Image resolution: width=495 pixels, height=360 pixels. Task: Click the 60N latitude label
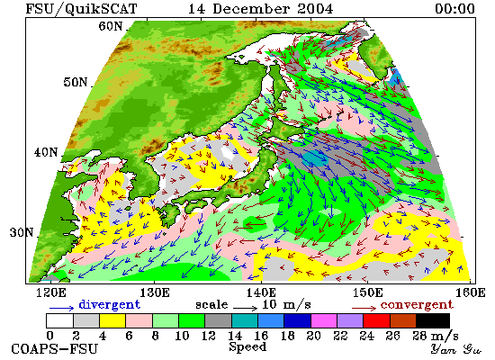pos(111,26)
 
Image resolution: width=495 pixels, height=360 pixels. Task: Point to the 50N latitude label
pos(75,82)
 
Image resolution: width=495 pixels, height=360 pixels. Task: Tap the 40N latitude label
pos(46,152)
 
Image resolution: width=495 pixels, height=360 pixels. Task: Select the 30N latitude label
pos(22,233)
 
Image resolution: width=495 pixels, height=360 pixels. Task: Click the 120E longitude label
pos(51,292)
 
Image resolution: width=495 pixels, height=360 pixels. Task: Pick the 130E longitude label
pos(155,292)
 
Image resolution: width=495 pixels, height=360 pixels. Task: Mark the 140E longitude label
pos(261,292)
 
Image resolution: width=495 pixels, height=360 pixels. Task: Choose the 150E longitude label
pos(367,292)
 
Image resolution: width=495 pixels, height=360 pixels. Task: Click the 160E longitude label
pos(471,292)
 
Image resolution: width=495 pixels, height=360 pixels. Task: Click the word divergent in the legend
pos(109,305)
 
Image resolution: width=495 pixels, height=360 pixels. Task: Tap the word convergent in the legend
pos(417,305)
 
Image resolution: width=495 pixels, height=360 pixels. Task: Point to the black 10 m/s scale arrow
pos(246,307)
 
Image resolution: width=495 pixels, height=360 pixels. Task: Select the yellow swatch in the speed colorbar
pos(112,320)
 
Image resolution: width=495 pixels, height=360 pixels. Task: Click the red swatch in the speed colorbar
pos(376,320)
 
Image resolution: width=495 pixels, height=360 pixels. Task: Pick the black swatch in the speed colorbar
pos(433,320)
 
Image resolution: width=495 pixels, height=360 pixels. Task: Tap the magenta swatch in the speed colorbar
pos(324,320)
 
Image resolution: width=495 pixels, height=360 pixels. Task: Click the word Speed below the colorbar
pos(247,347)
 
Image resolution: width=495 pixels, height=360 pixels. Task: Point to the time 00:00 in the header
pos(454,8)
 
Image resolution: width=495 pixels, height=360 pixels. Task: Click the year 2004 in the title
pos(315,8)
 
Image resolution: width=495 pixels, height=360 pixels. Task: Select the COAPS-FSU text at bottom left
pos(54,349)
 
